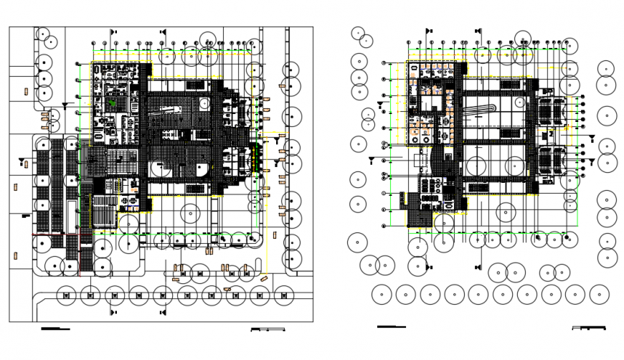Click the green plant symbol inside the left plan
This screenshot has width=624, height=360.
coord(113,104)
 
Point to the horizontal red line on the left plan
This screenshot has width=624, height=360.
coord(62,235)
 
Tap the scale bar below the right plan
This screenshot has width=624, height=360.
coord(588,328)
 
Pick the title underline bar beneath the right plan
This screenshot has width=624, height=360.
coord(391,326)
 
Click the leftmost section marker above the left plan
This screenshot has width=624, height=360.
coord(113,32)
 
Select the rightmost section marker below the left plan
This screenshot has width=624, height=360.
coord(164,312)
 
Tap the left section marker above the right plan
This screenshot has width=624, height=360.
coord(428,32)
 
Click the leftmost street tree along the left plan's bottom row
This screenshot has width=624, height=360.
coord(66,294)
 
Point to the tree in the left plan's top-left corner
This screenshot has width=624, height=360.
coord(43,35)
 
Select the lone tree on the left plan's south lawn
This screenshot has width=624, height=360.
coord(190,213)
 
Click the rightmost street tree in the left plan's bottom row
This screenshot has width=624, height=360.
coord(284,294)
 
